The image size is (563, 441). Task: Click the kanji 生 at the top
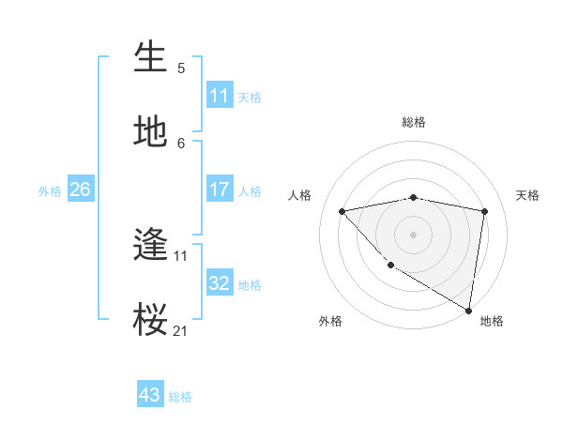click(151, 57)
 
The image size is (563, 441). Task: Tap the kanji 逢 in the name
click(151, 246)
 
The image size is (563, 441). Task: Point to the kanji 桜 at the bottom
click(151, 320)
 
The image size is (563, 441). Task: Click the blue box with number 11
click(220, 96)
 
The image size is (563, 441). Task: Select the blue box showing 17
click(220, 190)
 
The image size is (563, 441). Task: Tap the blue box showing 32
click(220, 283)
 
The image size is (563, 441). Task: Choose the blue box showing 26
click(80, 190)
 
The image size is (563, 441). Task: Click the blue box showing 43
click(150, 395)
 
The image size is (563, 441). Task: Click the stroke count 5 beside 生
click(181, 68)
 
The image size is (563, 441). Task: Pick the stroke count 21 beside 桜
click(181, 330)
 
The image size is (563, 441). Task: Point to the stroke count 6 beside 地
click(181, 143)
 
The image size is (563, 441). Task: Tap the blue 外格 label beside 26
click(50, 191)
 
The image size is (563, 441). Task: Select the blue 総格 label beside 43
click(180, 397)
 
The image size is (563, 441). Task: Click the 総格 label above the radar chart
click(414, 122)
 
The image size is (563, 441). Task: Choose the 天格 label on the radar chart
click(528, 195)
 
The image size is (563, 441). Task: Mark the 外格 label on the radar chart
click(330, 321)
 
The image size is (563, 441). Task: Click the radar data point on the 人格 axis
click(342, 211)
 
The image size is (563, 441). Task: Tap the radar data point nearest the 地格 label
click(469, 310)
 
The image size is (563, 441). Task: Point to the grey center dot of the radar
click(413, 234)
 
